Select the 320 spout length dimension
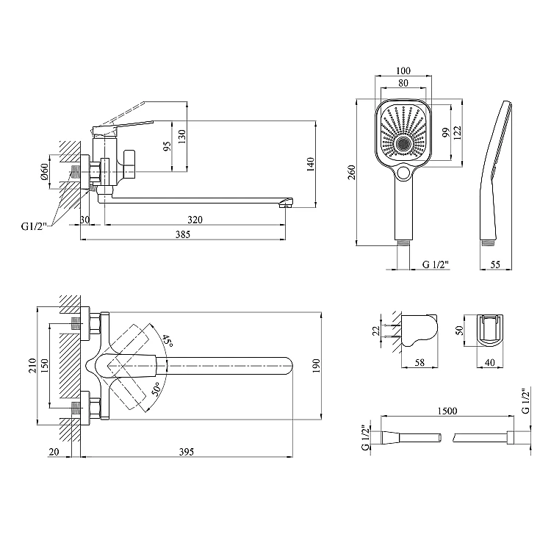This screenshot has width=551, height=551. pyautogui.click(x=195, y=220)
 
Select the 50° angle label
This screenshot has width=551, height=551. pyautogui.click(x=156, y=389)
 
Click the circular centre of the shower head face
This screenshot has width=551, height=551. pyautogui.click(x=403, y=144)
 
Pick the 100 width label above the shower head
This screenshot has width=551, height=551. pyautogui.click(x=403, y=71)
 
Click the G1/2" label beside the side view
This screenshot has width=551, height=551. pyautogui.click(x=33, y=226)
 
